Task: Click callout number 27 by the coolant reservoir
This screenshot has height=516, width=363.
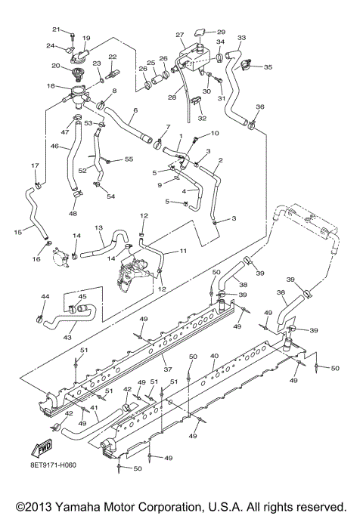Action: click(x=180, y=36)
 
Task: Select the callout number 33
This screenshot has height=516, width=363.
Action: click(x=241, y=37)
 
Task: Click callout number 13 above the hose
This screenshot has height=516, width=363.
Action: click(x=98, y=227)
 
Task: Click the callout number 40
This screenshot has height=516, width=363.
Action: click(x=214, y=355)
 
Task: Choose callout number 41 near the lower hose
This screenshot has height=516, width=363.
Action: click(x=94, y=408)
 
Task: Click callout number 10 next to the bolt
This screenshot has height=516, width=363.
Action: click(x=215, y=133)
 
